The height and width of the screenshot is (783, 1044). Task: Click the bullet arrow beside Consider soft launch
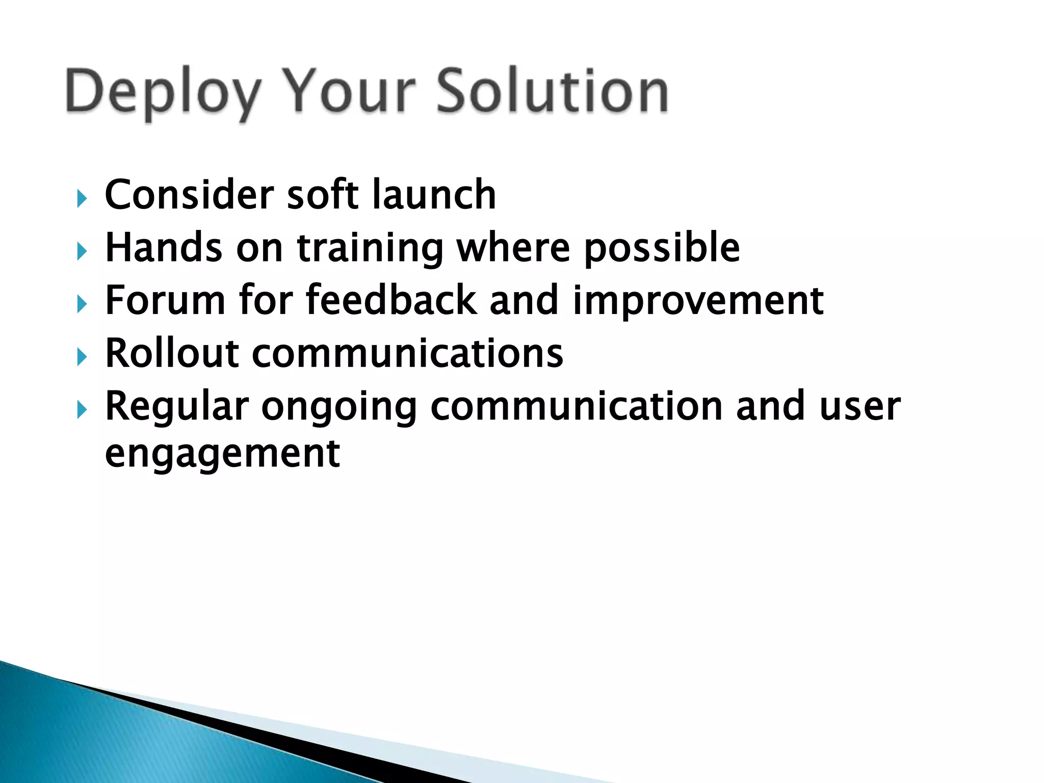point(82,198)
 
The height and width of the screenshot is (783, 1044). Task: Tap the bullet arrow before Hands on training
point(82,251)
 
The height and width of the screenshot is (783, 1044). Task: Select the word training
point(370,248)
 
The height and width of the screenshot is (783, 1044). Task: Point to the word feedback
point(391,300)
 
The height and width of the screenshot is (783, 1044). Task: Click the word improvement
point(698,301)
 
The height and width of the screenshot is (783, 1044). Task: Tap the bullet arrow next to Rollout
point(82,357)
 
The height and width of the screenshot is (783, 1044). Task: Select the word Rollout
point(172,353)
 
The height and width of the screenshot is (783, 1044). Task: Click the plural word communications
point(408,353)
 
